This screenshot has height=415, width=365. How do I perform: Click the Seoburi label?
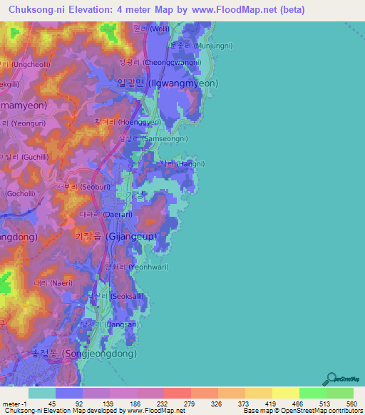[x=85, y=187]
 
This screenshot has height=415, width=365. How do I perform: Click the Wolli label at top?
[x=150, y=29]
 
